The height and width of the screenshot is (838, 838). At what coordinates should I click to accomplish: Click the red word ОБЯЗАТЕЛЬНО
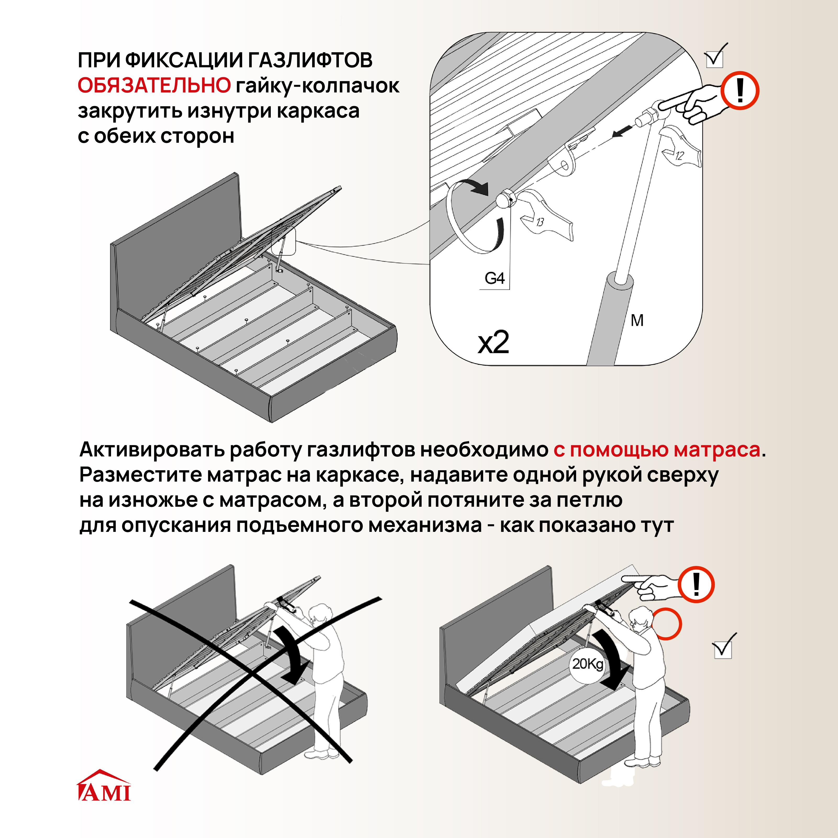click(154, 85)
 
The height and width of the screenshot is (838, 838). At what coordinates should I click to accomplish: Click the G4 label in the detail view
click(494, 278)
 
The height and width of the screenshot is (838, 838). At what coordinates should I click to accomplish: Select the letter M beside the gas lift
click(637, 321)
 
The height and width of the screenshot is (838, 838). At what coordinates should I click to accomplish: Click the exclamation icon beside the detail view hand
click(740, 91)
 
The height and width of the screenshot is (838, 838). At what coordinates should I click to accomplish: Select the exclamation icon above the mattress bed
click(696, 584)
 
